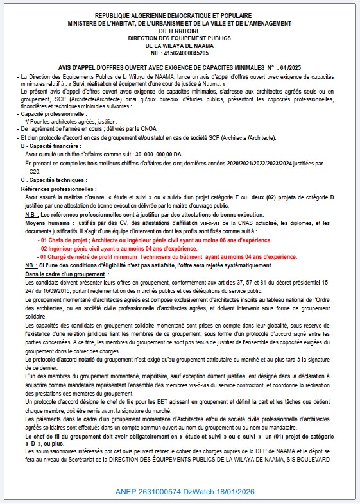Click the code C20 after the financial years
click(x=36, y=171)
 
